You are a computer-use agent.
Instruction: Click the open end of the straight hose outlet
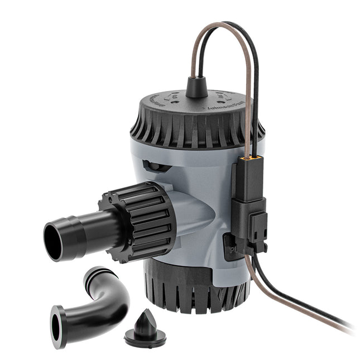coord(53,241)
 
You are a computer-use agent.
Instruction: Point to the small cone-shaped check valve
coord(145,329)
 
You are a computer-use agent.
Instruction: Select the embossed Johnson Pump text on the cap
coord(234,101)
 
